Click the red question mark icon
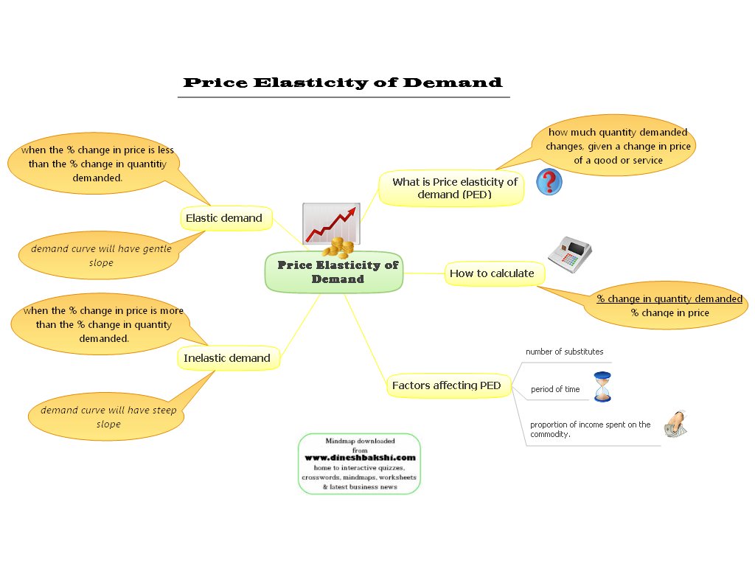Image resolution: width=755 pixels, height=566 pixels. pos(549,181)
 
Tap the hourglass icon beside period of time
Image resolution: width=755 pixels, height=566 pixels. pos(603,387)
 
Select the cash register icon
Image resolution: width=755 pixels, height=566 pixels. pos(570,252)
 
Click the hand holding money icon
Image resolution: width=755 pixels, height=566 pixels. pos(675,425)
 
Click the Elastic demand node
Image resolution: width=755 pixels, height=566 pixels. pos(224,218)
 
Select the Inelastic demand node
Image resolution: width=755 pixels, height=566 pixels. pos(227,358)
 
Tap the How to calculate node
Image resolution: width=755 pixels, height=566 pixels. pos(492,273)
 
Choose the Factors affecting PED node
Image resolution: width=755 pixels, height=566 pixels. pos(446,385)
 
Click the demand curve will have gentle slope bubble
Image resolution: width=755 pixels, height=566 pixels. pos(101,256)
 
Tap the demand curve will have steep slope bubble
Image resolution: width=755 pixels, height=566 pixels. pos(108,417)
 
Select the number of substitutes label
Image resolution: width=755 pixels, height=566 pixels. pos(564,352)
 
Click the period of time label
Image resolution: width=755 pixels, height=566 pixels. pos(555,389)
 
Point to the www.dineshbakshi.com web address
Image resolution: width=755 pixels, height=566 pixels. pos(360,458)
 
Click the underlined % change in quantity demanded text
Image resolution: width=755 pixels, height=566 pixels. pos(669,299)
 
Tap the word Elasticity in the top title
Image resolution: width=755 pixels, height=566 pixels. pos(314,83)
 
